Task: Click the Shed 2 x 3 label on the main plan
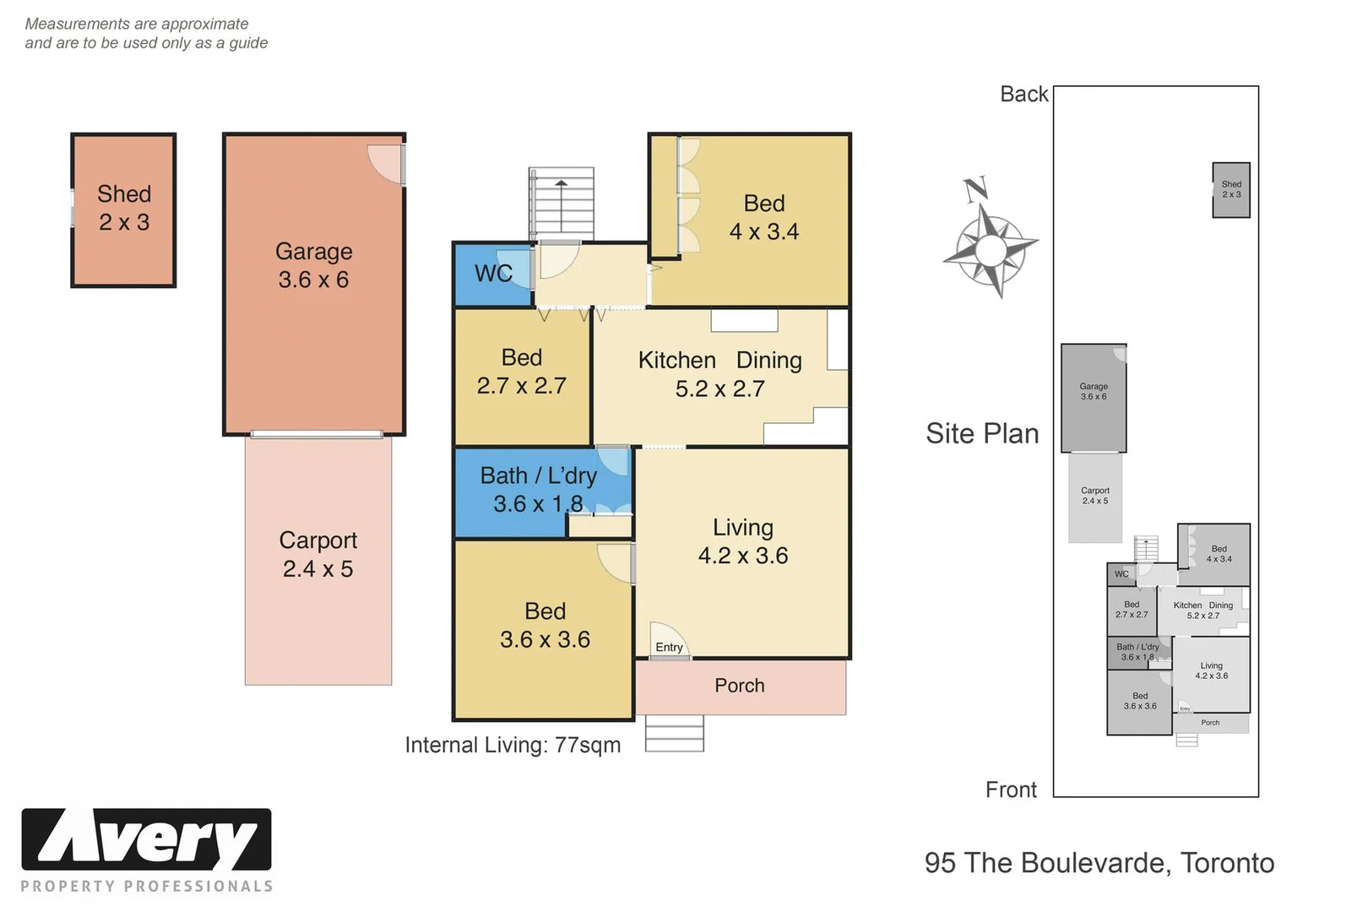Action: click(124, 208)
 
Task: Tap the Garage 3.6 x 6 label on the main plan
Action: click(313, 265)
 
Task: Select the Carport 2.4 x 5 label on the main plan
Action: click(318, 554)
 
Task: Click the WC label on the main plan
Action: click(493, 274)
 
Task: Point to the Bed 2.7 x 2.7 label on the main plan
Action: click(521, 372)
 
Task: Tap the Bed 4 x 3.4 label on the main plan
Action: click(763, 217)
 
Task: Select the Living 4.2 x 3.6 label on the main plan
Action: click(742, 541)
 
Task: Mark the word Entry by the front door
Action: click(669, 647)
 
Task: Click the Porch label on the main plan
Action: click(739, 686)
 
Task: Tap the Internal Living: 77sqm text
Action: click(513, 745)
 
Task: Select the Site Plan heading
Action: click(982, 433)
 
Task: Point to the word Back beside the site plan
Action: click(1023, 94)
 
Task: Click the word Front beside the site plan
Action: click(1011, 790)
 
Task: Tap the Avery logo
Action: click(146, 840)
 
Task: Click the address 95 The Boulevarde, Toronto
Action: click(1099, 863)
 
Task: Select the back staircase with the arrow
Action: click(562, 204)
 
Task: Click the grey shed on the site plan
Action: click(1230, 190)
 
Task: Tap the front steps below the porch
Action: click(674, 733)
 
